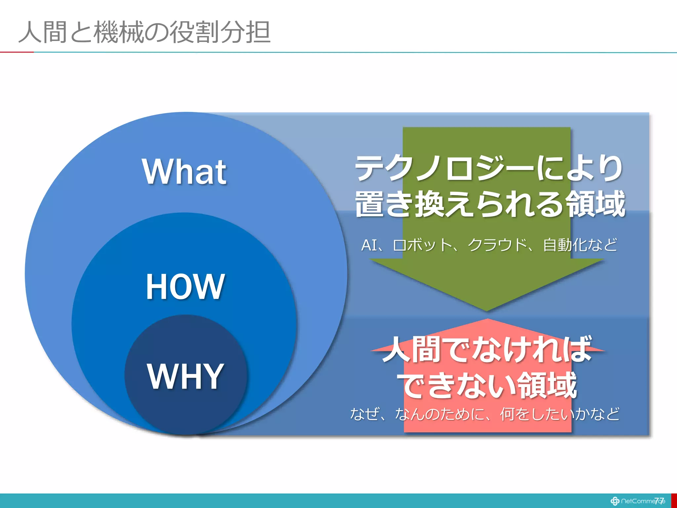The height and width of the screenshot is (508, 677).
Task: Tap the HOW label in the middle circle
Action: click(x=185, y=286)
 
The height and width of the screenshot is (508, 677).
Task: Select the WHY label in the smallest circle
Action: click(x=185, y=376)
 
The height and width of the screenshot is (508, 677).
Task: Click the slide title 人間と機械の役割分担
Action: click(x=144, y=32)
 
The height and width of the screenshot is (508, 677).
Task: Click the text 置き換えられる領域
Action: click(x=490, y=204)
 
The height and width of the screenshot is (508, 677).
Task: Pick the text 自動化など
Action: click(x=580, y=245)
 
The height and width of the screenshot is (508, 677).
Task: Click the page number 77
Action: click(x=659, y=500)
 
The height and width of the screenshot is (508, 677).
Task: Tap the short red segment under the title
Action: click(x=17, y=52)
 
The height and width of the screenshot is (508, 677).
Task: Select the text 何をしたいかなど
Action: click(x=559, y=414)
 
